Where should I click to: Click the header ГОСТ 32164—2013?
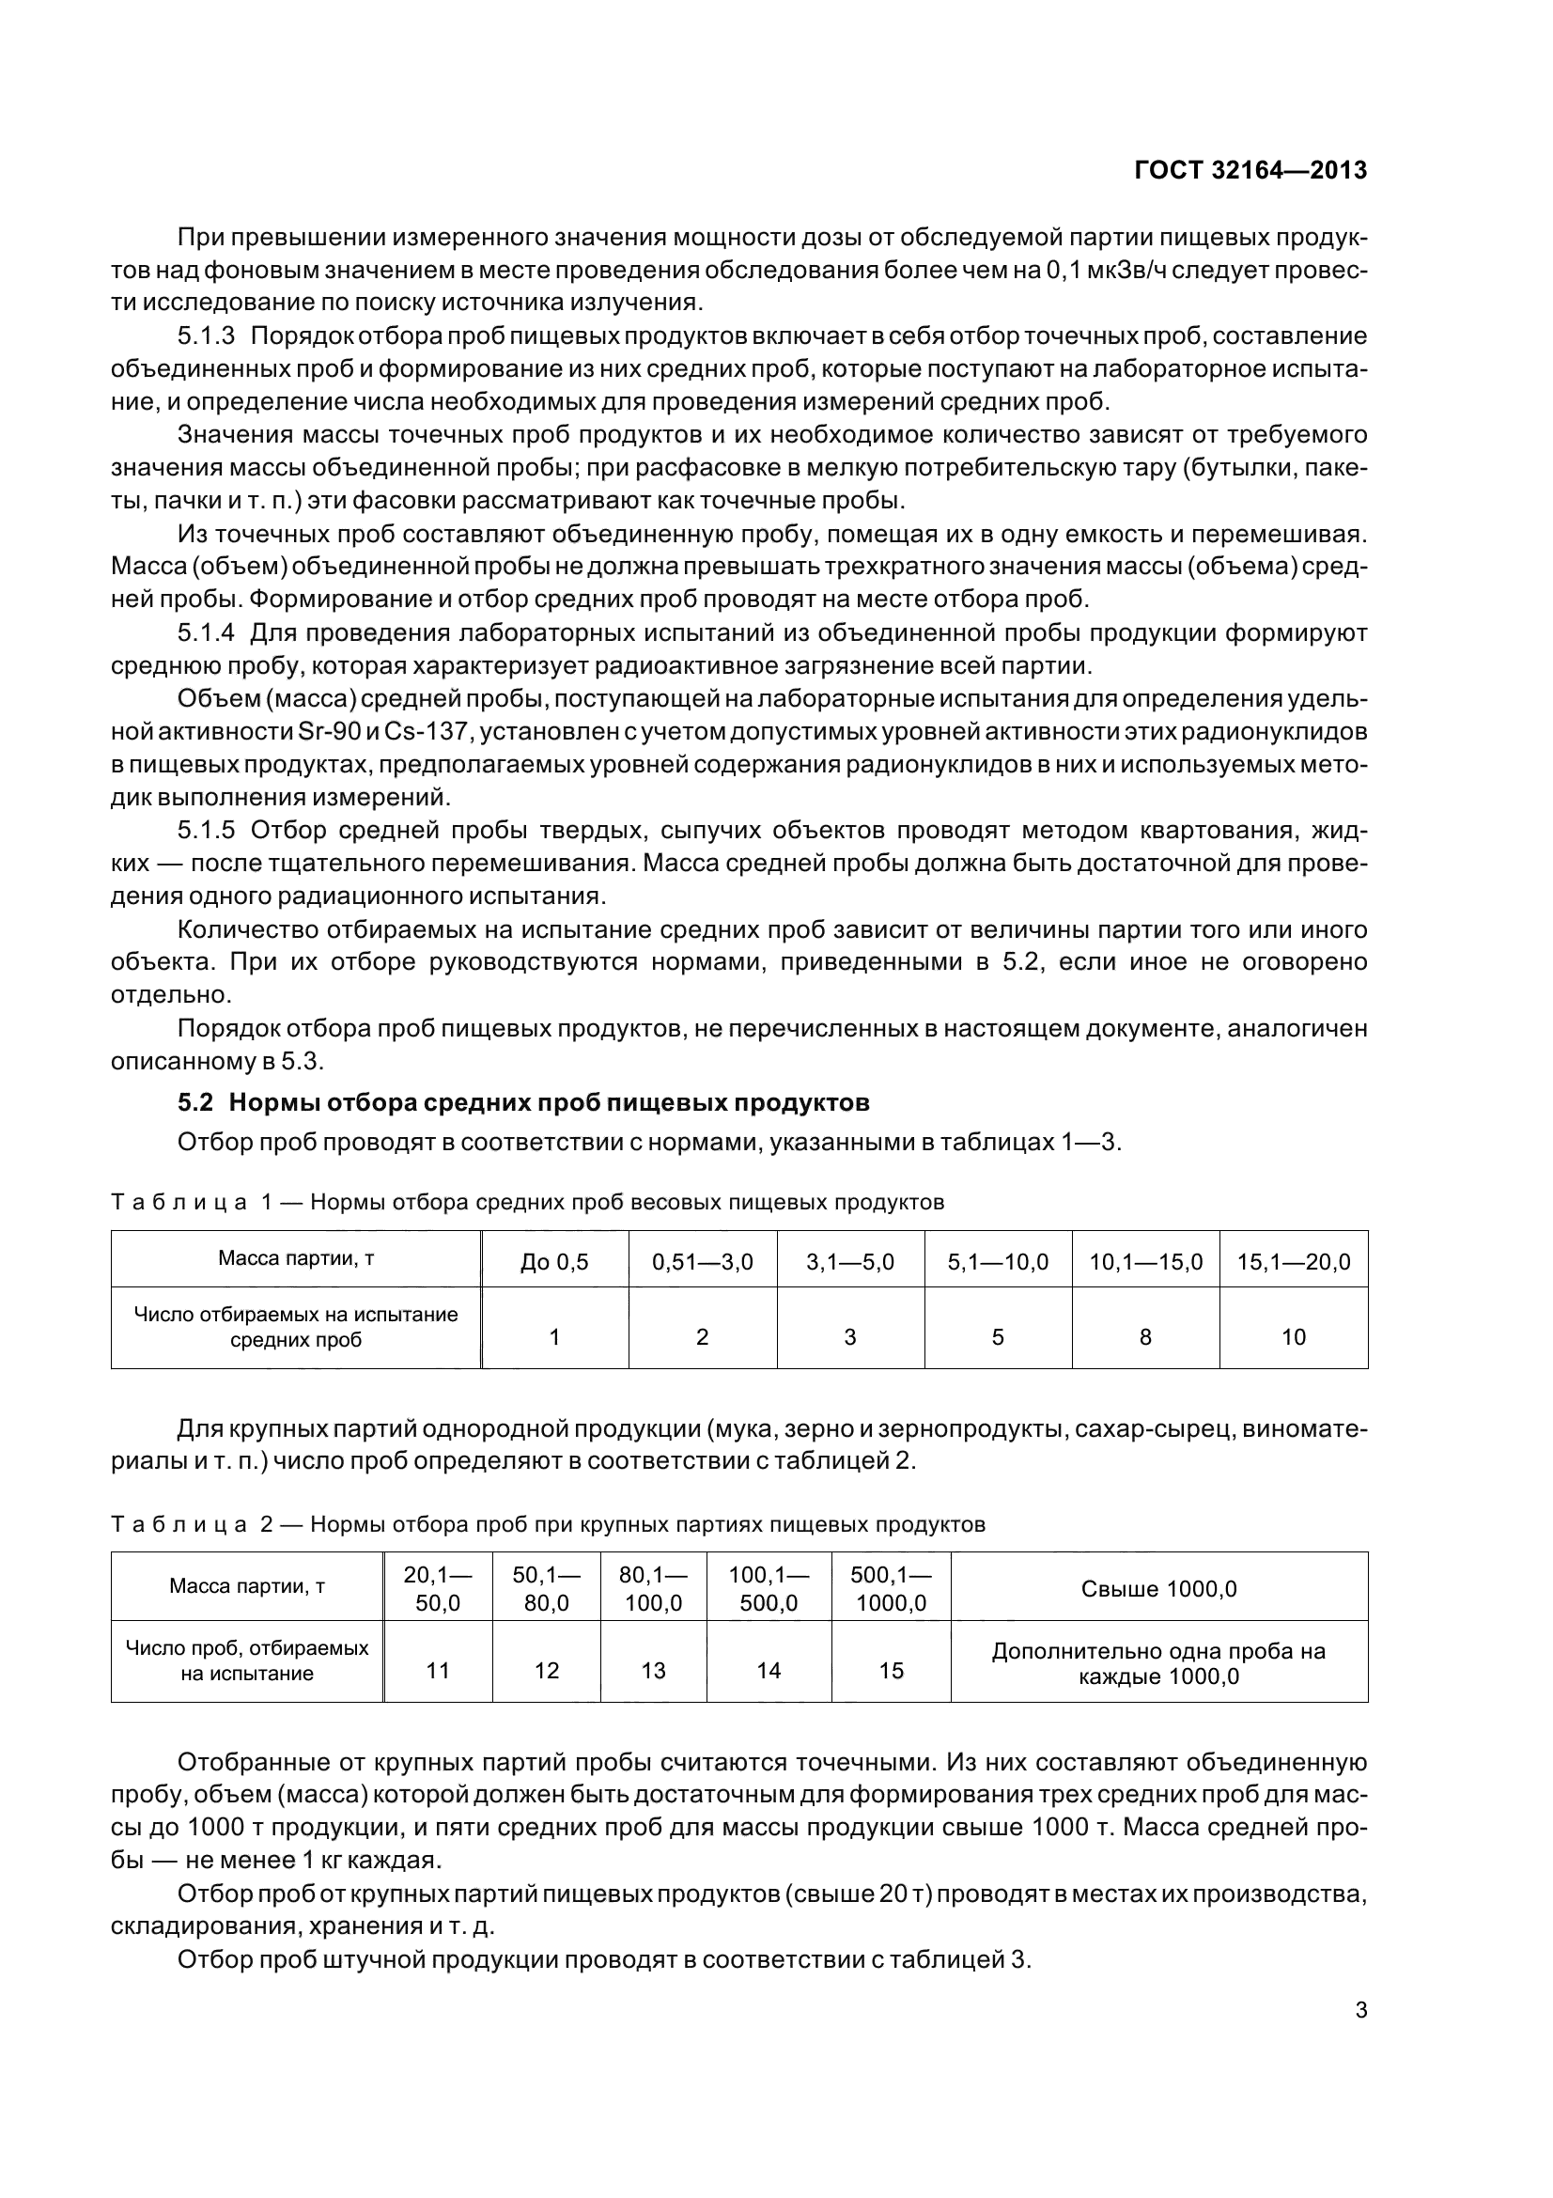1250,170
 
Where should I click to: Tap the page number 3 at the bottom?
1360,2009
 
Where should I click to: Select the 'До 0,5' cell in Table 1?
554,1262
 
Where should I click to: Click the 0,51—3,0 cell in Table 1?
703,1262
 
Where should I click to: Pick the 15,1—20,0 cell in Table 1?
1293,1262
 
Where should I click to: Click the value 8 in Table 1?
1144,1337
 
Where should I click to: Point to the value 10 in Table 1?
1293,1337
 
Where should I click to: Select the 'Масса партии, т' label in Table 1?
296,1258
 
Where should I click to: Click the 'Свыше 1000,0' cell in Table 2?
1157,1589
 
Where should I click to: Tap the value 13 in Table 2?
653,1671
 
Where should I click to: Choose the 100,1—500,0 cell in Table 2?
769,1589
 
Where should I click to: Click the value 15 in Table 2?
890,1671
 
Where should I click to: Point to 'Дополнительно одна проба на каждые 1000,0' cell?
1157,1663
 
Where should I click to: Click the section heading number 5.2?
194,1103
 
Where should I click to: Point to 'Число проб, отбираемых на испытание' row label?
247,1660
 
